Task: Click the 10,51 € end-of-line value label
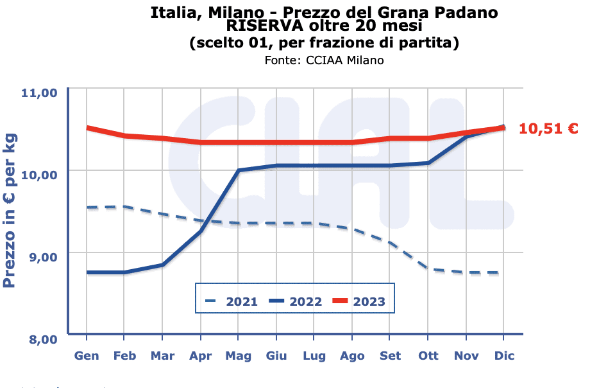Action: click(x=548, y=128)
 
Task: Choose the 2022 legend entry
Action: click(x=295, y=301)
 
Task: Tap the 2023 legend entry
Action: click(x=359, y=301)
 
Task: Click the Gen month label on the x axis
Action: click(x=87, y=356)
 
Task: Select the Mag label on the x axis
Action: click(x=238, y=356)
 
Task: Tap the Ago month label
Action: click(x=352, y=356)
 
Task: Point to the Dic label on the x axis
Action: click(x=504, y=356)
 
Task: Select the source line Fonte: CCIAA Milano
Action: click(x=324, y=60)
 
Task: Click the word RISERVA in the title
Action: click(x=264, y=27)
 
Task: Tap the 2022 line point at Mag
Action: click(x=238, y=170)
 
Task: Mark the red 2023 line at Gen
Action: click(x=87, y=128)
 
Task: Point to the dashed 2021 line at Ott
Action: click(x=428, y=269)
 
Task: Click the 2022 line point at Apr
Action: click(x=201, y=231)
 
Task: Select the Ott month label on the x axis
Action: click(x=428, y=356)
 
